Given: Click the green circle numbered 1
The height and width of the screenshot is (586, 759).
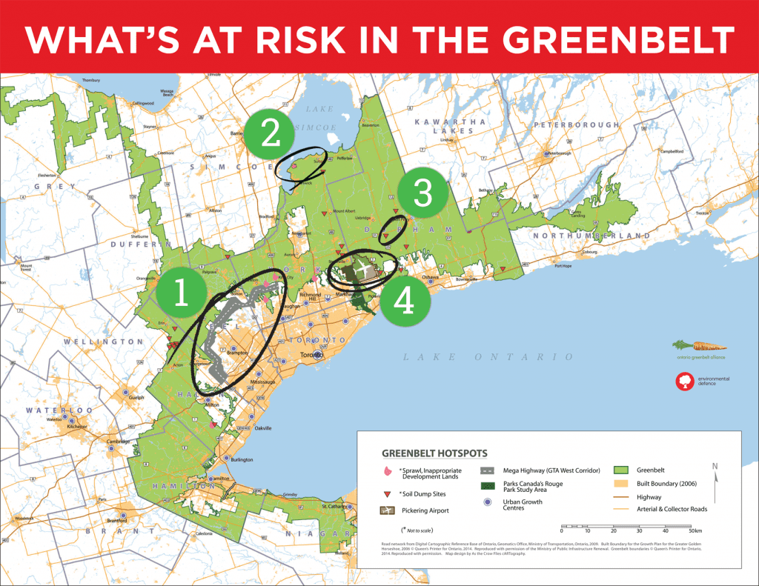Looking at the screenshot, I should coord(181,294).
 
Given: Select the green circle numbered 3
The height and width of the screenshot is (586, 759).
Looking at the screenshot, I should coord(422,193).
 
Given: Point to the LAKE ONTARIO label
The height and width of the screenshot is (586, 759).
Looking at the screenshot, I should coord(488,357).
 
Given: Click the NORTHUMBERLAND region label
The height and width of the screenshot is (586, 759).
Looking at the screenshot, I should coord(590,236).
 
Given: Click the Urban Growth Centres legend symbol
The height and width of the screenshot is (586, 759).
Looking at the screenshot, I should coord(487,502).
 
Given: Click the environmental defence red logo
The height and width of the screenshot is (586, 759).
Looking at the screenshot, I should coord(683,381).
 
